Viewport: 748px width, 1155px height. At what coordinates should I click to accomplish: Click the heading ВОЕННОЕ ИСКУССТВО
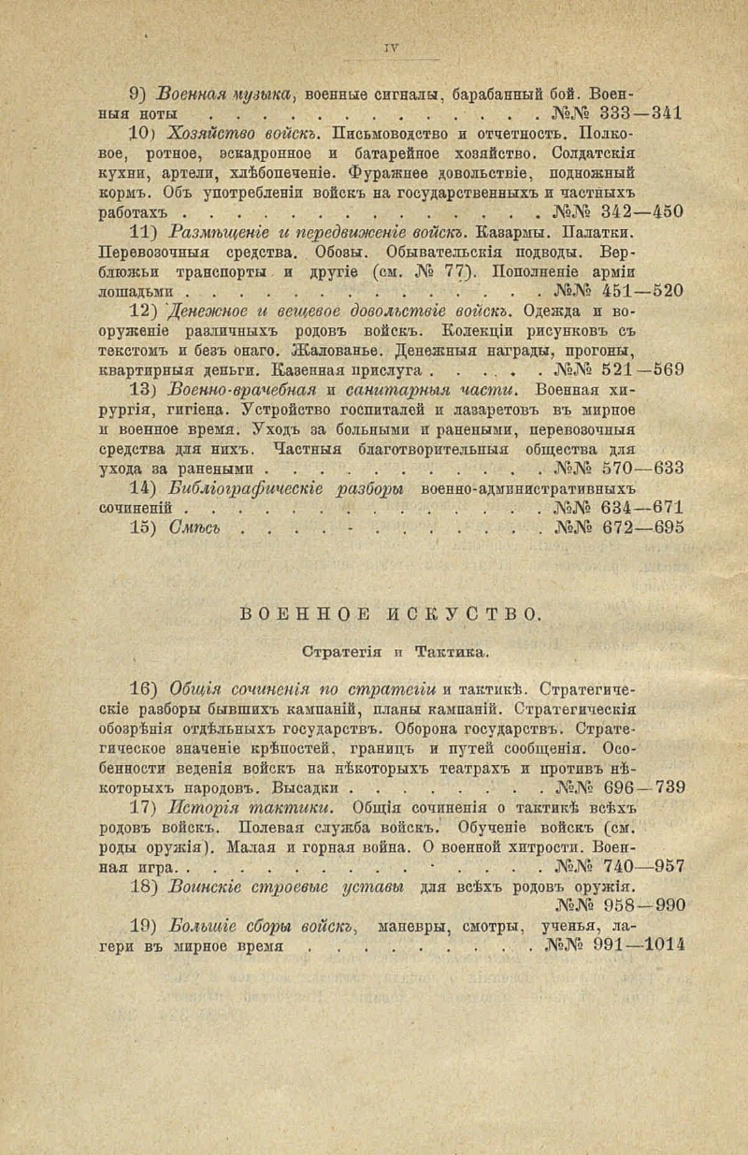point(390,614)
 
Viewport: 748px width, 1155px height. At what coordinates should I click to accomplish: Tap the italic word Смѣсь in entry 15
point(195,527)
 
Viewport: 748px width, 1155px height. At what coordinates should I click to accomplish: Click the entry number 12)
point(142,310)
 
